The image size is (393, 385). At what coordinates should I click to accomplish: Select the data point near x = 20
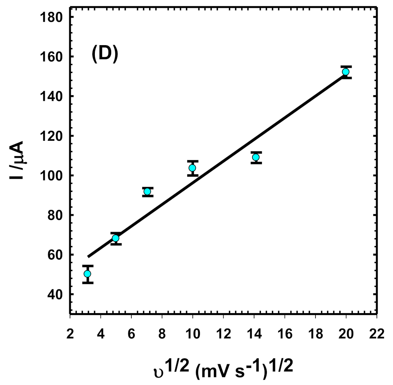point(346,72)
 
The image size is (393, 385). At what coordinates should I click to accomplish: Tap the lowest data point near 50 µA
point(87,274)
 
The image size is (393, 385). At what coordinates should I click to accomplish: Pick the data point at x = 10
point(192,168)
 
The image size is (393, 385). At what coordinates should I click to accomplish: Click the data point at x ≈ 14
point(256,157)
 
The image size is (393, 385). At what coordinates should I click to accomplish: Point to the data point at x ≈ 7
point(147,192)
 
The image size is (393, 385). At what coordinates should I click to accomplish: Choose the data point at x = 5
point(116,238)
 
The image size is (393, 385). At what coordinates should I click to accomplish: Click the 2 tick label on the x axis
point(70,334)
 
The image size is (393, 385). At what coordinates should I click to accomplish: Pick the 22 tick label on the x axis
point(377,334)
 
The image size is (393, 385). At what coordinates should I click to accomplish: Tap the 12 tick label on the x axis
point(223,334)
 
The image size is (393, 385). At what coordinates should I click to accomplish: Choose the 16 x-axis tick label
point(285,334)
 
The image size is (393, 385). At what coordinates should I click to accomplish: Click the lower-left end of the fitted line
point(88,257)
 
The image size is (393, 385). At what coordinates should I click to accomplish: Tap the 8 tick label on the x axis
point(162,334)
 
